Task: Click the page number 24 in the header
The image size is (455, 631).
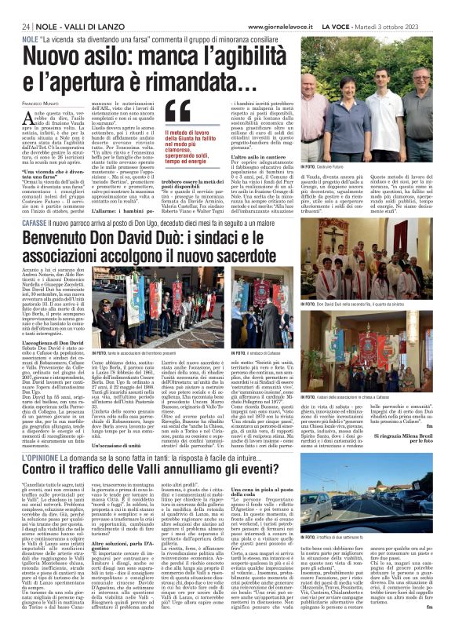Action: pyautogui.click(x=26, y=26)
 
